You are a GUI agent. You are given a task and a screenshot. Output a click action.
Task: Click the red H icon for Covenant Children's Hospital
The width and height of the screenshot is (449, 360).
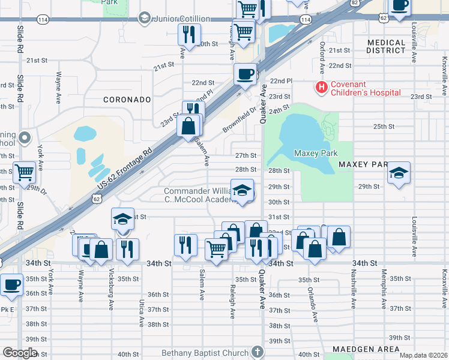coord(322,88)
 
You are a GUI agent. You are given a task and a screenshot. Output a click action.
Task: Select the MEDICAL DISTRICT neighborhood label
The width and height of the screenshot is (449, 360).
coord(386,47)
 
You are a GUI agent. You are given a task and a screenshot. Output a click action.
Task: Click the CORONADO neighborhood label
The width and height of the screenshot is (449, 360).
coord(125,100)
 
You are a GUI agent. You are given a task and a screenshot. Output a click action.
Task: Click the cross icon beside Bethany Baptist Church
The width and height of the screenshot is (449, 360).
coord(258,352)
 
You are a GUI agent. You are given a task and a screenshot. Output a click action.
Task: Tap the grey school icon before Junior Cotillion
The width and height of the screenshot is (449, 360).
coord(144,18)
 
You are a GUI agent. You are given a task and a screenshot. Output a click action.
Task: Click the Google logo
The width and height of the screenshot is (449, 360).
coord(20,353)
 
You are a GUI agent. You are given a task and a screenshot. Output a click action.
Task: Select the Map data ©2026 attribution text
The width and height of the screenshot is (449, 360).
coord(424,355)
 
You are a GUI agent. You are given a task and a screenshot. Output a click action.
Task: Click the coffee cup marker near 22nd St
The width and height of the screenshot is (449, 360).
coord(245,75)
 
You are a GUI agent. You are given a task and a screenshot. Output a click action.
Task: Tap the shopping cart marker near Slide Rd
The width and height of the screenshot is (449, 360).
coord(25,173)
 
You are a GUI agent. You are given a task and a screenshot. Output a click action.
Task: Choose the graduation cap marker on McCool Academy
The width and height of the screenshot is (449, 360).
coord(242,191)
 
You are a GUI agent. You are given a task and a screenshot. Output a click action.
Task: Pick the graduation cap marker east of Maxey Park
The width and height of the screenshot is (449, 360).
coord(399,173)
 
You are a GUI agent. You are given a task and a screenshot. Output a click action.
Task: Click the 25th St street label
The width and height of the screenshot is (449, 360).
coord(384,127)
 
